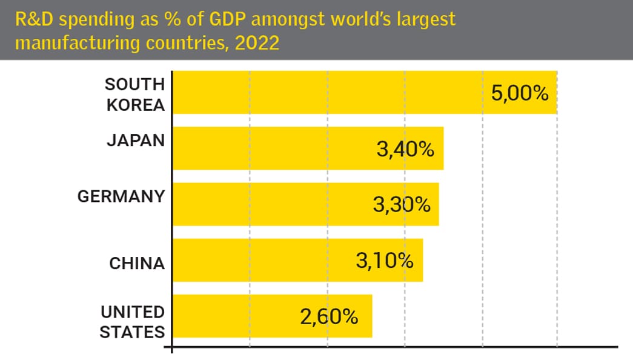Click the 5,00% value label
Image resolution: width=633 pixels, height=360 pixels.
click(520, 93)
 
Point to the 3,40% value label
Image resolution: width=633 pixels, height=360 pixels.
click(405, 149)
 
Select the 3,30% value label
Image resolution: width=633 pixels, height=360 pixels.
click(402, 205)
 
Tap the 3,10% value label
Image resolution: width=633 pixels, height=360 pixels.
click(384, 261)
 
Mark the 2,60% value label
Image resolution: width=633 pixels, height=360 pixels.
click(329, 317)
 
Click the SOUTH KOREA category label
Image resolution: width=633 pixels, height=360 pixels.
click(134, 94)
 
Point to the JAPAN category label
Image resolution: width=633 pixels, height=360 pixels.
click(136, 140)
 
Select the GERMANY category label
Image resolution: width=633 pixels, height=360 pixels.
click(121, 196)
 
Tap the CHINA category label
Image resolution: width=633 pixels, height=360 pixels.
click(137, 264)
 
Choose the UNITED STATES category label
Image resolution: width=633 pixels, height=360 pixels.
click(132, 322)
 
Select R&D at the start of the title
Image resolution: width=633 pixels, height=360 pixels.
click(31, 19)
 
